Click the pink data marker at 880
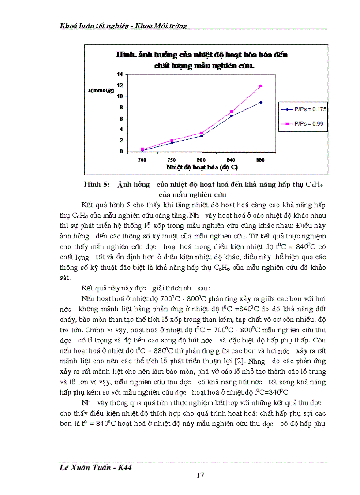tap(261, 86)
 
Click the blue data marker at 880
tap(261, 102)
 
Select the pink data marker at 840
tap(231, 112)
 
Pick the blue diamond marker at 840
tap(231, 116)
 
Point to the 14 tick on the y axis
tap(120, 74)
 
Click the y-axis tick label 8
tap(121, 108)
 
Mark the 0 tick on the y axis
tap(121, 152)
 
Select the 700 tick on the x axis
tap(142, 160)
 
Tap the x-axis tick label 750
tap(172, 160)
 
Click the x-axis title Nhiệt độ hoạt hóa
tap(202, 167)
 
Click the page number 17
tap(200, 475)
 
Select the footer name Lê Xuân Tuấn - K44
tap(96, 468)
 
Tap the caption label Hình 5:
tap(96, 185)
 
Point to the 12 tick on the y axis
tap(120, 85)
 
